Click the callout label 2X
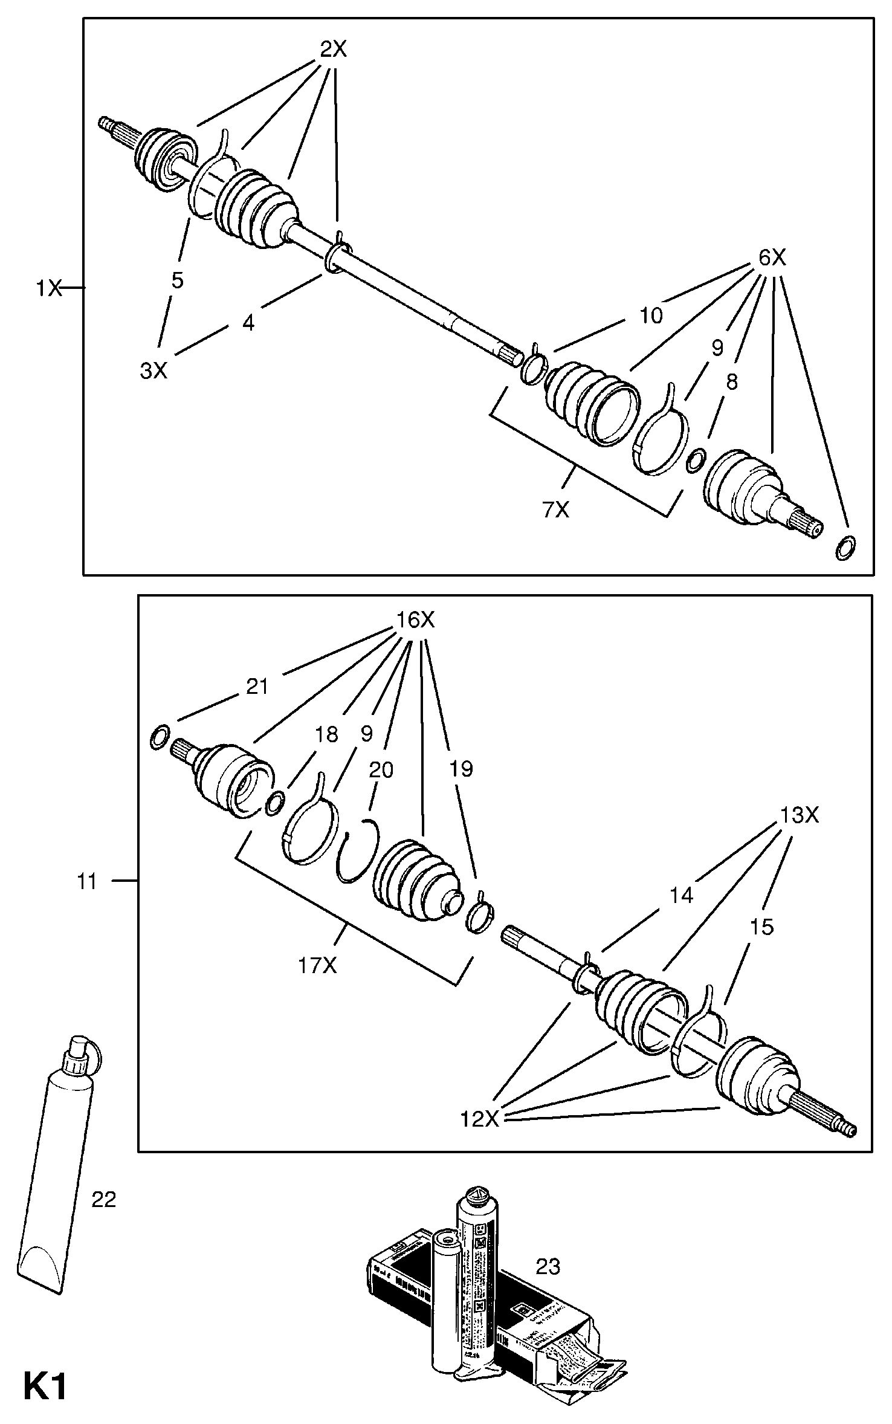(333, 50)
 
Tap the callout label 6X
(772, 259)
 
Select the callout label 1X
(48, 288)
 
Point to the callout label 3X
(154, 371)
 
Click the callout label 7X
(556, 510)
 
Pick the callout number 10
(651, 315)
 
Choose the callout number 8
(732, 382)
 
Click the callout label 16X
(415, 620)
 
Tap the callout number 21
(257, 687)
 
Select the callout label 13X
(799, 816)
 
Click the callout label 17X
(317, 966)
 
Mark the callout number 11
(87, 882)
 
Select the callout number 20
(381, 769)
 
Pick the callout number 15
(761, 927)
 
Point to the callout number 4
(248, 323)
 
